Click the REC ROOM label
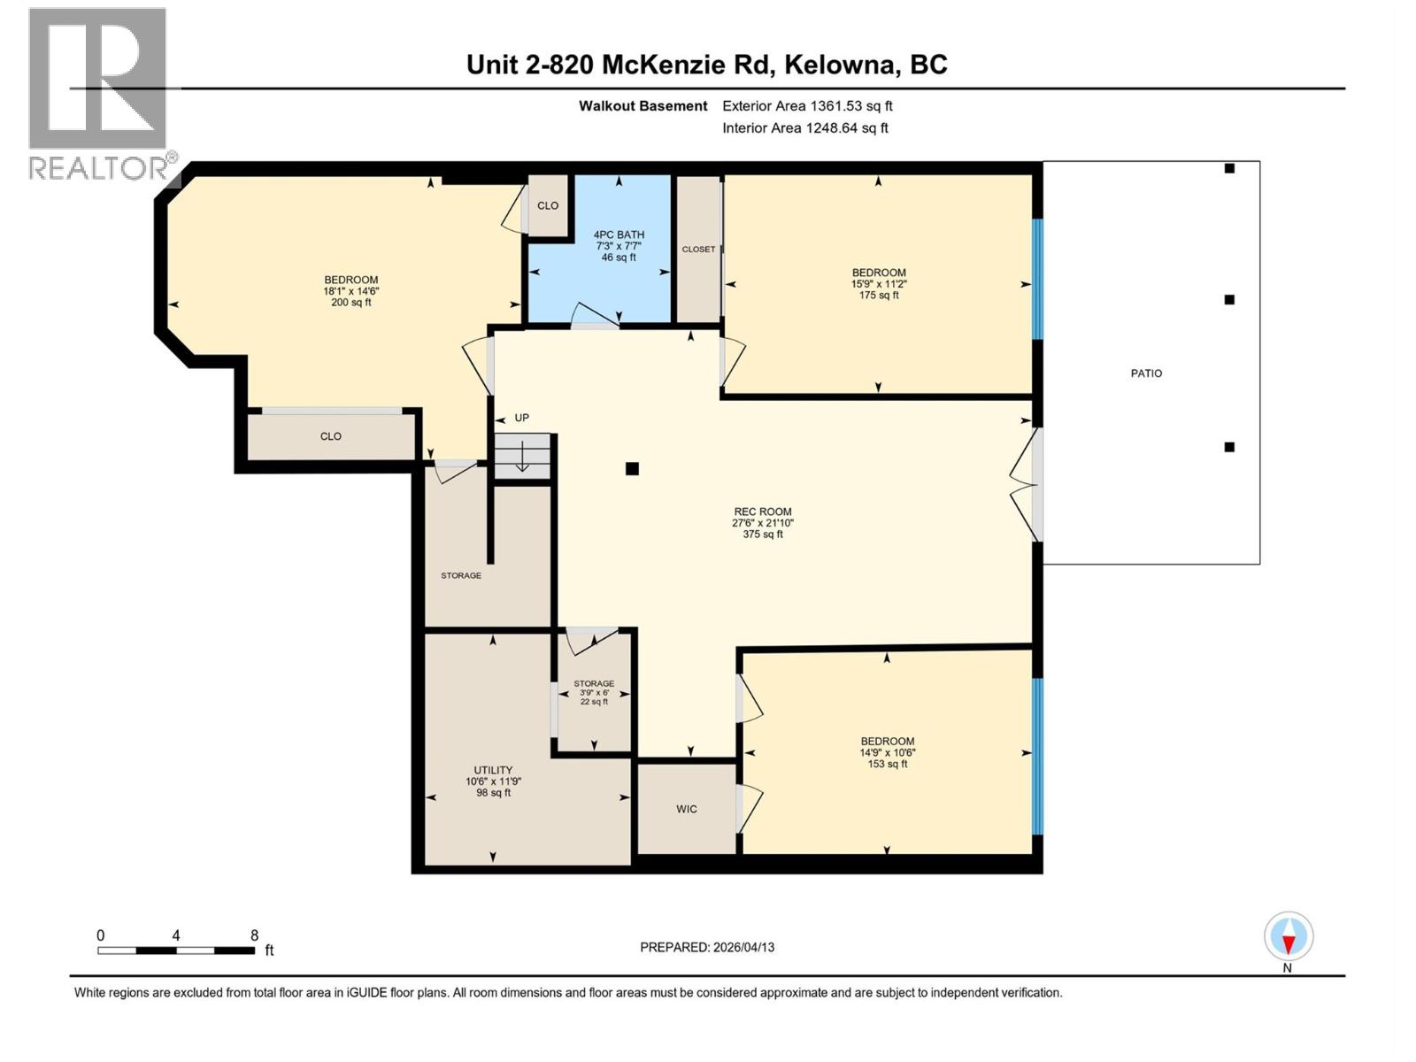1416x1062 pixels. point(762,512)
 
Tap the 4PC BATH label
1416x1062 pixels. point(619,235)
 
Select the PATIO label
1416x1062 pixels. point(1146,373)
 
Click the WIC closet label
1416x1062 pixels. point(687,809)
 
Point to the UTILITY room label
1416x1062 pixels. point(493,770)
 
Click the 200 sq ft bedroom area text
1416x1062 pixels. point(350,302)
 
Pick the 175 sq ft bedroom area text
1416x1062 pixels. point(879,295)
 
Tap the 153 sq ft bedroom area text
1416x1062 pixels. point(888,764)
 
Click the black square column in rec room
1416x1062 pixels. point(632,469)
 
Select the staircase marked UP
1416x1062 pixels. point(522,457)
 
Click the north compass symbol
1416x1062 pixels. point(1289,936)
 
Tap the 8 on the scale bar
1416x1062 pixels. point(255,935)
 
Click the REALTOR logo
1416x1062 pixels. point(98,93)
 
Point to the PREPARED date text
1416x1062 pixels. point(707,947)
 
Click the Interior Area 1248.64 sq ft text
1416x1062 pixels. point(804,127)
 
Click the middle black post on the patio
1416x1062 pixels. point(1229,300)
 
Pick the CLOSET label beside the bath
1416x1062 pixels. point(698,250)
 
